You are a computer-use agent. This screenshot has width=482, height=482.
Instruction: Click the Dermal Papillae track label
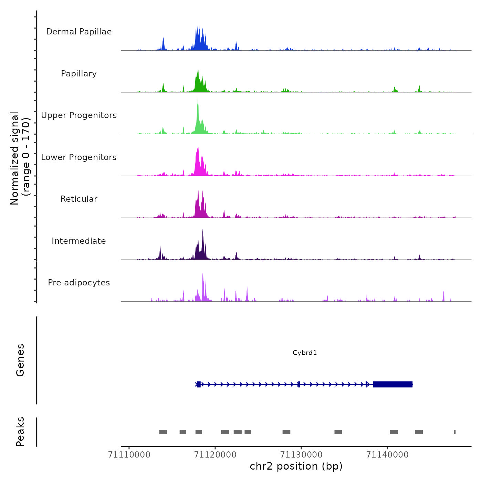pyautogui.click(x=79, y=32)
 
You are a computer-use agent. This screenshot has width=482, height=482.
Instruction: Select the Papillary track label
pyautogui.click(x=79, y=74)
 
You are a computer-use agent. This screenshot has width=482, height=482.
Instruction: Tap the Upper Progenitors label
pyautogui.click(x=79, y=115)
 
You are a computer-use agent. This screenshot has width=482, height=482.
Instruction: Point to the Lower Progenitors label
pyautogui.click(x=79, y=157)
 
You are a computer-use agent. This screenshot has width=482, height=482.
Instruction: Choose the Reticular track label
pyautogui.click(x=79, y=199)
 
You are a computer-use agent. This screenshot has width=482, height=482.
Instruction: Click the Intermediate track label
pyautogui.click(x=79, y=241)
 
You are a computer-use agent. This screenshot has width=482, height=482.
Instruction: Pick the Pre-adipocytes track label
pyautogui.click(x=79, y=283)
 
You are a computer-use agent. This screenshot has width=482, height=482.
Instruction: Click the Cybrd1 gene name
pyautogui.click(x=305, y=353)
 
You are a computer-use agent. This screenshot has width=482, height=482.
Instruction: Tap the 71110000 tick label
pyautogui.click(x=129, y=455)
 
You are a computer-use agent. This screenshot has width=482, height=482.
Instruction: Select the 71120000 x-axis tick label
pyautogui.click(x=215, y=455)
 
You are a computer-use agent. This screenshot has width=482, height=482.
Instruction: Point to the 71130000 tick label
pyautogui.click(x=301, y=455)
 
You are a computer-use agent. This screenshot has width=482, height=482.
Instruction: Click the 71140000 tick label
pyautogui.click(x=387, y=455)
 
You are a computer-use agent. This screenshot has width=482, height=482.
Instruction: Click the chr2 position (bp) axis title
pyautogui.click(x=296, y=466)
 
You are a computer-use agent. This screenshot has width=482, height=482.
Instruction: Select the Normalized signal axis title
pyautogui.click(x=20, y=158)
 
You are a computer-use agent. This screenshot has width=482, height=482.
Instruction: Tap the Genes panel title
pyautogui.click(x=20, y=360)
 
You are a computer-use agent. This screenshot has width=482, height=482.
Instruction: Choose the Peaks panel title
pyautogui.click(x=20, y=432)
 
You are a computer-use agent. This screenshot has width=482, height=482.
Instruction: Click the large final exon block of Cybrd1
pyautogui.click(x=393, y=384)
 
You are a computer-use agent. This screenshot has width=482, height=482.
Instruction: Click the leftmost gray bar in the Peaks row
pyautogui.click(x=163, y=432)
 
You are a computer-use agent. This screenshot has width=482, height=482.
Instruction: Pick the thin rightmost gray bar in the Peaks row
pyautogui.click(x=455, y=432)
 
